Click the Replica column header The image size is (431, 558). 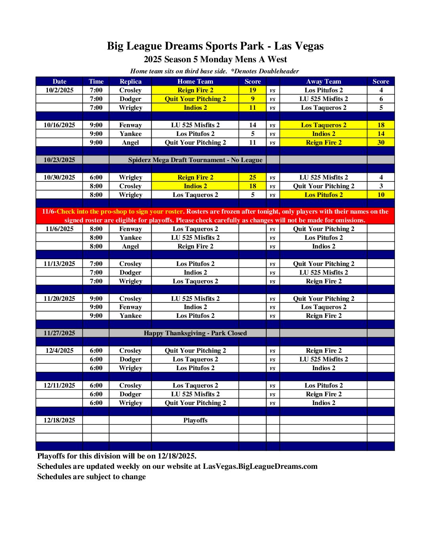[x=130, y=81]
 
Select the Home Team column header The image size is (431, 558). [x=195, y=81]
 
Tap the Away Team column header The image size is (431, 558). [x=323, y=81]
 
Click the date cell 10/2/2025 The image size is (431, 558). [x=59, y=90]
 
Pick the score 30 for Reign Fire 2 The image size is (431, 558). [x=381, y=142]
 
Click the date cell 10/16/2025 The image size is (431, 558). [x=59, y=125]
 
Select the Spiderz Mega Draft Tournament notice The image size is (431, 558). [x=195, y=160]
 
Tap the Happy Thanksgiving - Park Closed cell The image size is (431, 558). [x=195, y=333]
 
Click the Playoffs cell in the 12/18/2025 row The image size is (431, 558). [x=195, y=420]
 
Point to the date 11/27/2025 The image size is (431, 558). [x=59, y=333]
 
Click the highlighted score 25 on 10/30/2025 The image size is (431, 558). [x=252, y=177]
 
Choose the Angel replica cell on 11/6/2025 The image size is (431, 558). [x=130, y=246]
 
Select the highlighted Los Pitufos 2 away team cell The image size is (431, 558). [x=323, y=195]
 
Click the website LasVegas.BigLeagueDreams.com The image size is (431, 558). [x=260, y=466]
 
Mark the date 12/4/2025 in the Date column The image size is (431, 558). [x=59, y=350]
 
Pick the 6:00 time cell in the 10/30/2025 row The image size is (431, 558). [x=96, y=177]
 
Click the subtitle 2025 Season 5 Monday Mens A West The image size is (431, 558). [x=215, y=59]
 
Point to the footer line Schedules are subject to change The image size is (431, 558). [x=92, y=476]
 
